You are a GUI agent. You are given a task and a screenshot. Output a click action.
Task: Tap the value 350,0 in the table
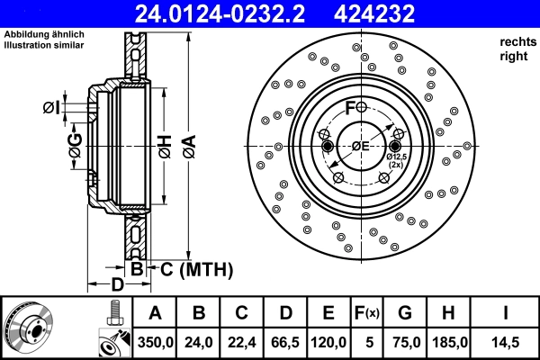pos(154,342)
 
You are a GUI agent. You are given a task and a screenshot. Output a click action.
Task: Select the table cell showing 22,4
pos(241,342)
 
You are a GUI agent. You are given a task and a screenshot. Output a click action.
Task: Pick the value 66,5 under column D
pos(285,342)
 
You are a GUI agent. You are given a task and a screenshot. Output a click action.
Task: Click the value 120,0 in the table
pos(328,342)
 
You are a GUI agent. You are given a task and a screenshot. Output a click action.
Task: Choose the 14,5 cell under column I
pos(506,342)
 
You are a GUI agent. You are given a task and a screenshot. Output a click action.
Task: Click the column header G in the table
pos(405,313)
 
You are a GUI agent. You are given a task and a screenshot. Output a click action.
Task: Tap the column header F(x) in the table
pos(366,313)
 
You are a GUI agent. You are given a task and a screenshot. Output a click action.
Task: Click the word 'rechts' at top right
pos(517,41)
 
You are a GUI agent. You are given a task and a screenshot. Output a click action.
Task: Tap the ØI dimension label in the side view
pos(51,109)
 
